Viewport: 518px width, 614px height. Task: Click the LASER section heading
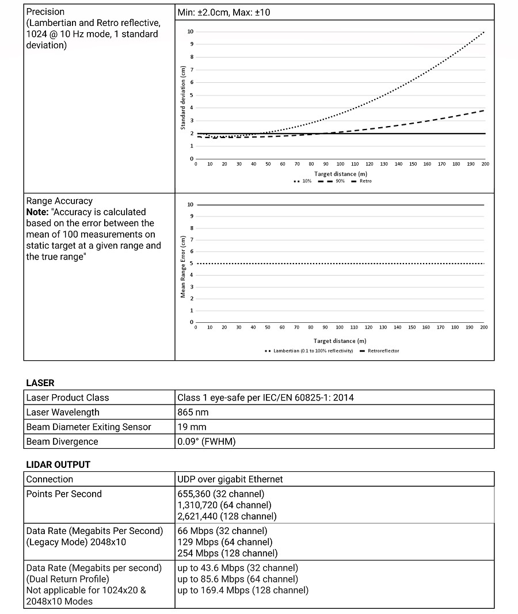(40, 383)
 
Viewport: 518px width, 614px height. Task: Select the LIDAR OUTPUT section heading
(58, 464)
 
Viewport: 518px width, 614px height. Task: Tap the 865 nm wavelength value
(193, 412)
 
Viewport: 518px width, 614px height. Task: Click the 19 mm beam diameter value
(190, 427)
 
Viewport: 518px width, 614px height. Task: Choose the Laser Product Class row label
(67, 398)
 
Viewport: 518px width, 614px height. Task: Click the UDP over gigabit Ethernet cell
(230, 479)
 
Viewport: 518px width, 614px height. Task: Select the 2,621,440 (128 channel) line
(227, 516)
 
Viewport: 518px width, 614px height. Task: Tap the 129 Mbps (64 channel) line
(224, 542)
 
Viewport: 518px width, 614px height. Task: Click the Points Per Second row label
(64, 494)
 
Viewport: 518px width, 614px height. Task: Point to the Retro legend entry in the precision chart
(363, 181)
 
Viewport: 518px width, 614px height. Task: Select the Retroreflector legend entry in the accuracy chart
(381, 350)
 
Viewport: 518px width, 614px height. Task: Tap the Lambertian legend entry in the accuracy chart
(311, 350)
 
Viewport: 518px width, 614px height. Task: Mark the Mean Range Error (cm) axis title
(183, 267)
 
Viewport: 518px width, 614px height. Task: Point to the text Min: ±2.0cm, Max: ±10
(224, 12)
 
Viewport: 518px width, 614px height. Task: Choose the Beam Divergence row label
(62, 442)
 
